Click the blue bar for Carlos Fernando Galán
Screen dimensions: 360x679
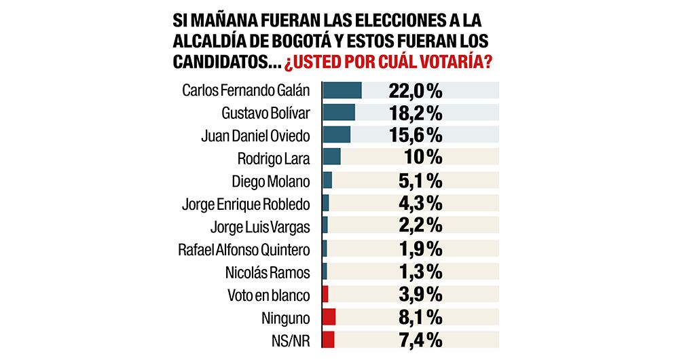342,90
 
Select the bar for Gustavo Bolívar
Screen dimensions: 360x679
338,113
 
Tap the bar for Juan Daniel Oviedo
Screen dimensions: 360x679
336,135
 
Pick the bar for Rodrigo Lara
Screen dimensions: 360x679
331,158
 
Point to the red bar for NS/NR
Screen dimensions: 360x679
328,340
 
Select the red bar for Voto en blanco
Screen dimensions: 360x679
325,294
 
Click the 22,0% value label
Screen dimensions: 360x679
416,90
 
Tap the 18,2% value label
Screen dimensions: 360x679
416,113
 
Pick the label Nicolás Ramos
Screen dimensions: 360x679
267,272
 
